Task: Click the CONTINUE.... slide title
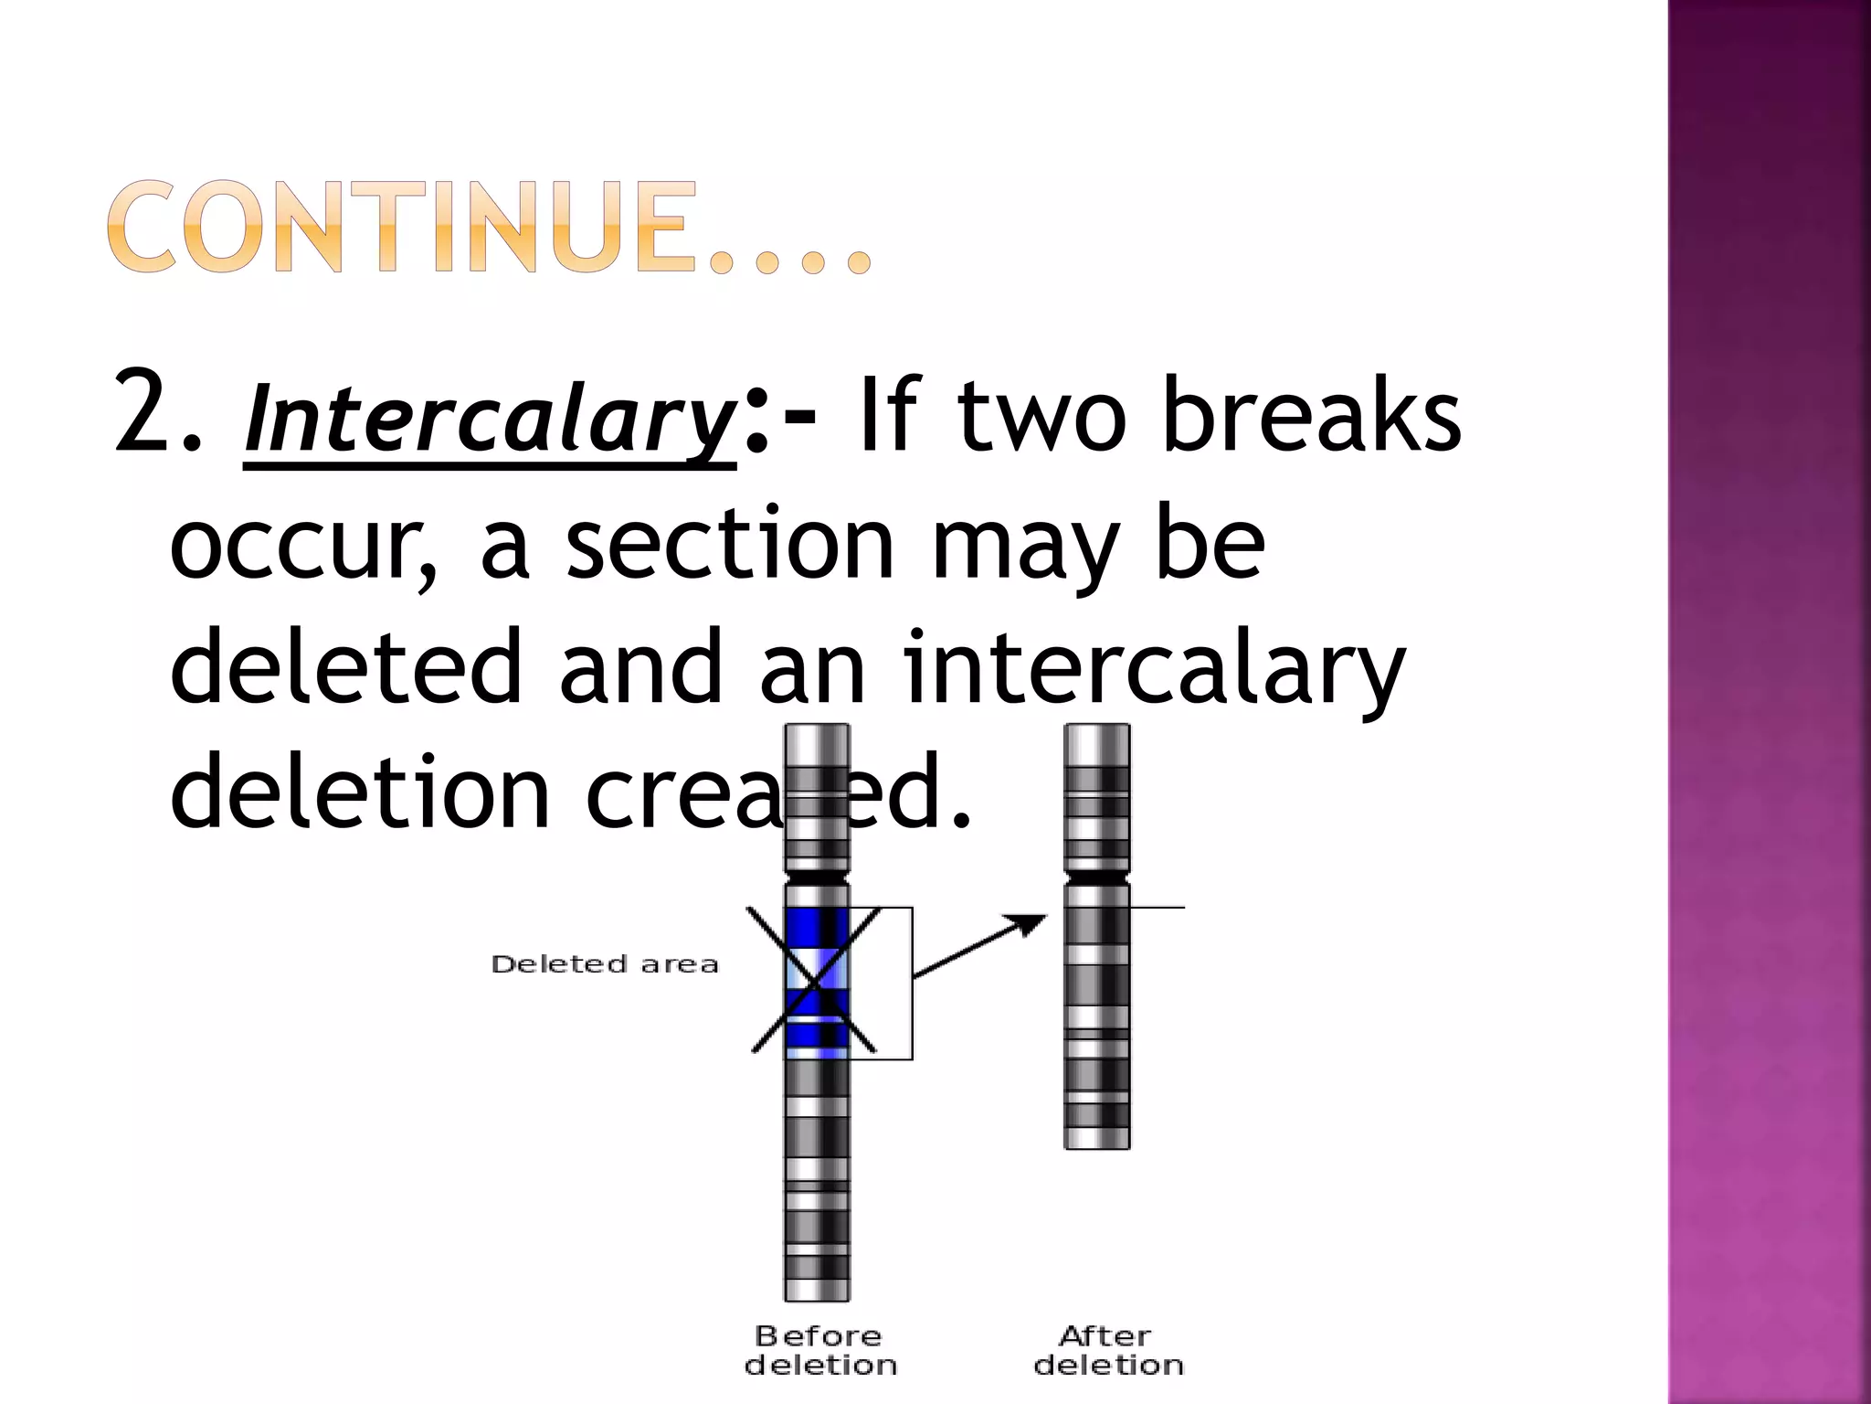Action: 489,228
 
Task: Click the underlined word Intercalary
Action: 490,420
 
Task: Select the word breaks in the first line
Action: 1312,416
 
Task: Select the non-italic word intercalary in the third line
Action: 1155,668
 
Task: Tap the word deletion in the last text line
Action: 360,790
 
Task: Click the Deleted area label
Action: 605,964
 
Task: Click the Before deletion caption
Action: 819,1350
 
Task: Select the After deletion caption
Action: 1108,1350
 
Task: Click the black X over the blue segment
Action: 814,981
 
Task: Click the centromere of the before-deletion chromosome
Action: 818,877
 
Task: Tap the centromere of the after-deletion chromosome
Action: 1097,877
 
